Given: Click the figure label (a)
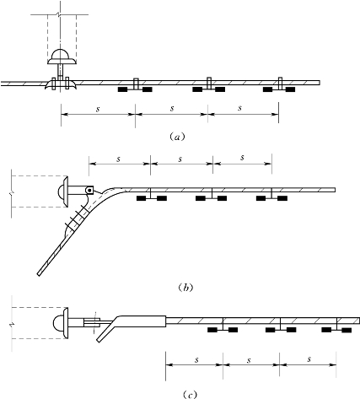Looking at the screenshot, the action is [x=177, y=137].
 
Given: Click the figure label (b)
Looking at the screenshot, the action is [x=185, y=288].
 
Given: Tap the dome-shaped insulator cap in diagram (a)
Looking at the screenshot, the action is [x=62, y=57].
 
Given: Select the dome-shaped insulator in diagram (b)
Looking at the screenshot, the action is [x=62, y=192].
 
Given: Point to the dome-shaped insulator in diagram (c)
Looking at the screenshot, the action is [x=61, y=323].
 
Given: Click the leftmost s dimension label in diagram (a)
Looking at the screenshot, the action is [x=98, y=109].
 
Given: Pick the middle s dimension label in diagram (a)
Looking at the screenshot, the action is [x=172, y=108].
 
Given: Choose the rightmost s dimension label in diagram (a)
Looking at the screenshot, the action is [x=239, y=108].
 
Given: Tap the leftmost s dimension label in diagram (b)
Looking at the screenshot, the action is [x=118, y=159].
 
